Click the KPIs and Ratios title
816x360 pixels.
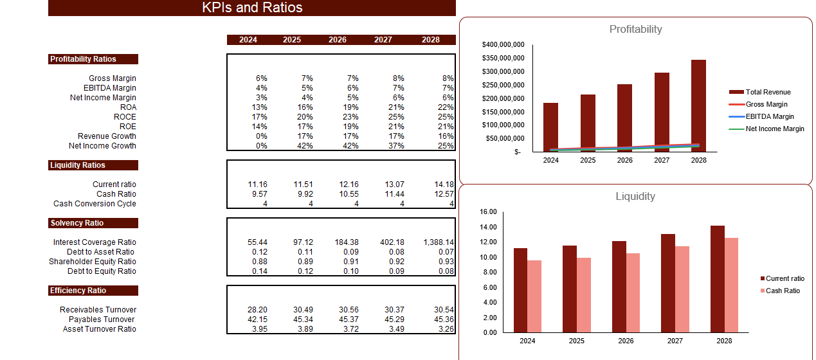[x=252, y=8]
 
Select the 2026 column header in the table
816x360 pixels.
[x=338, y=40]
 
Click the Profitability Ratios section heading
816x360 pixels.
[x=84, y=59]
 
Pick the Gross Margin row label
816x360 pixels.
[x=113, y=78]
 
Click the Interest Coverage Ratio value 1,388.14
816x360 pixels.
[x=439, y=242]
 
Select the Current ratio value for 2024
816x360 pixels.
[x=258, y=184]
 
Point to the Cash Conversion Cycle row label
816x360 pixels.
[x=95, y=204]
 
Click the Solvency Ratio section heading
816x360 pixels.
[x=77, y=223]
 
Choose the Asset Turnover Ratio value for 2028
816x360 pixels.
[x=444, y=329]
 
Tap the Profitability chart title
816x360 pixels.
[x=635, y=29]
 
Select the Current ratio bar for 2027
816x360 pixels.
[x=668, y=283]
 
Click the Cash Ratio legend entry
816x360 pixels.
[x=782, y=291]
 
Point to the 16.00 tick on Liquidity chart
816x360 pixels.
[x=489, y=212]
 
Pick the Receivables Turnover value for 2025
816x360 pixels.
[x=303, y=310]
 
